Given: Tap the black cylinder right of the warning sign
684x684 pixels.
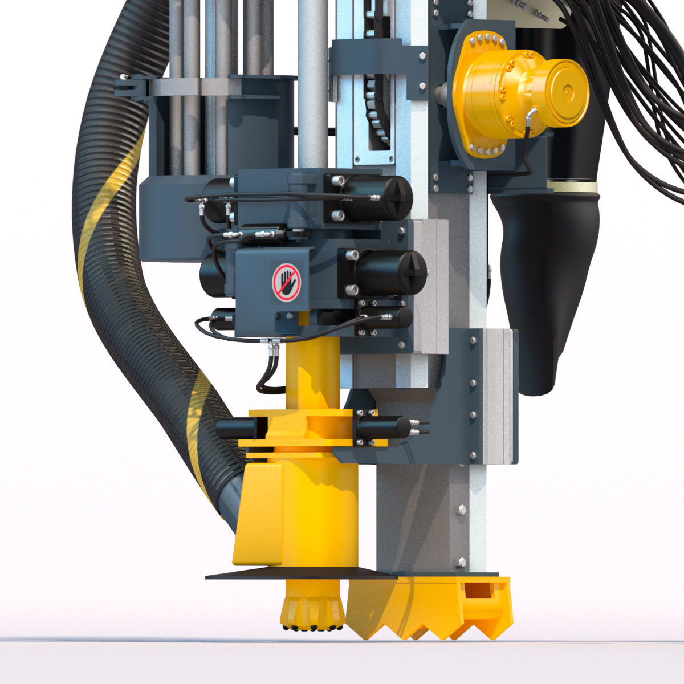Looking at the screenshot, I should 388,272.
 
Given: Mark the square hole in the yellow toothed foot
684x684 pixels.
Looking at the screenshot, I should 478,591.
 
